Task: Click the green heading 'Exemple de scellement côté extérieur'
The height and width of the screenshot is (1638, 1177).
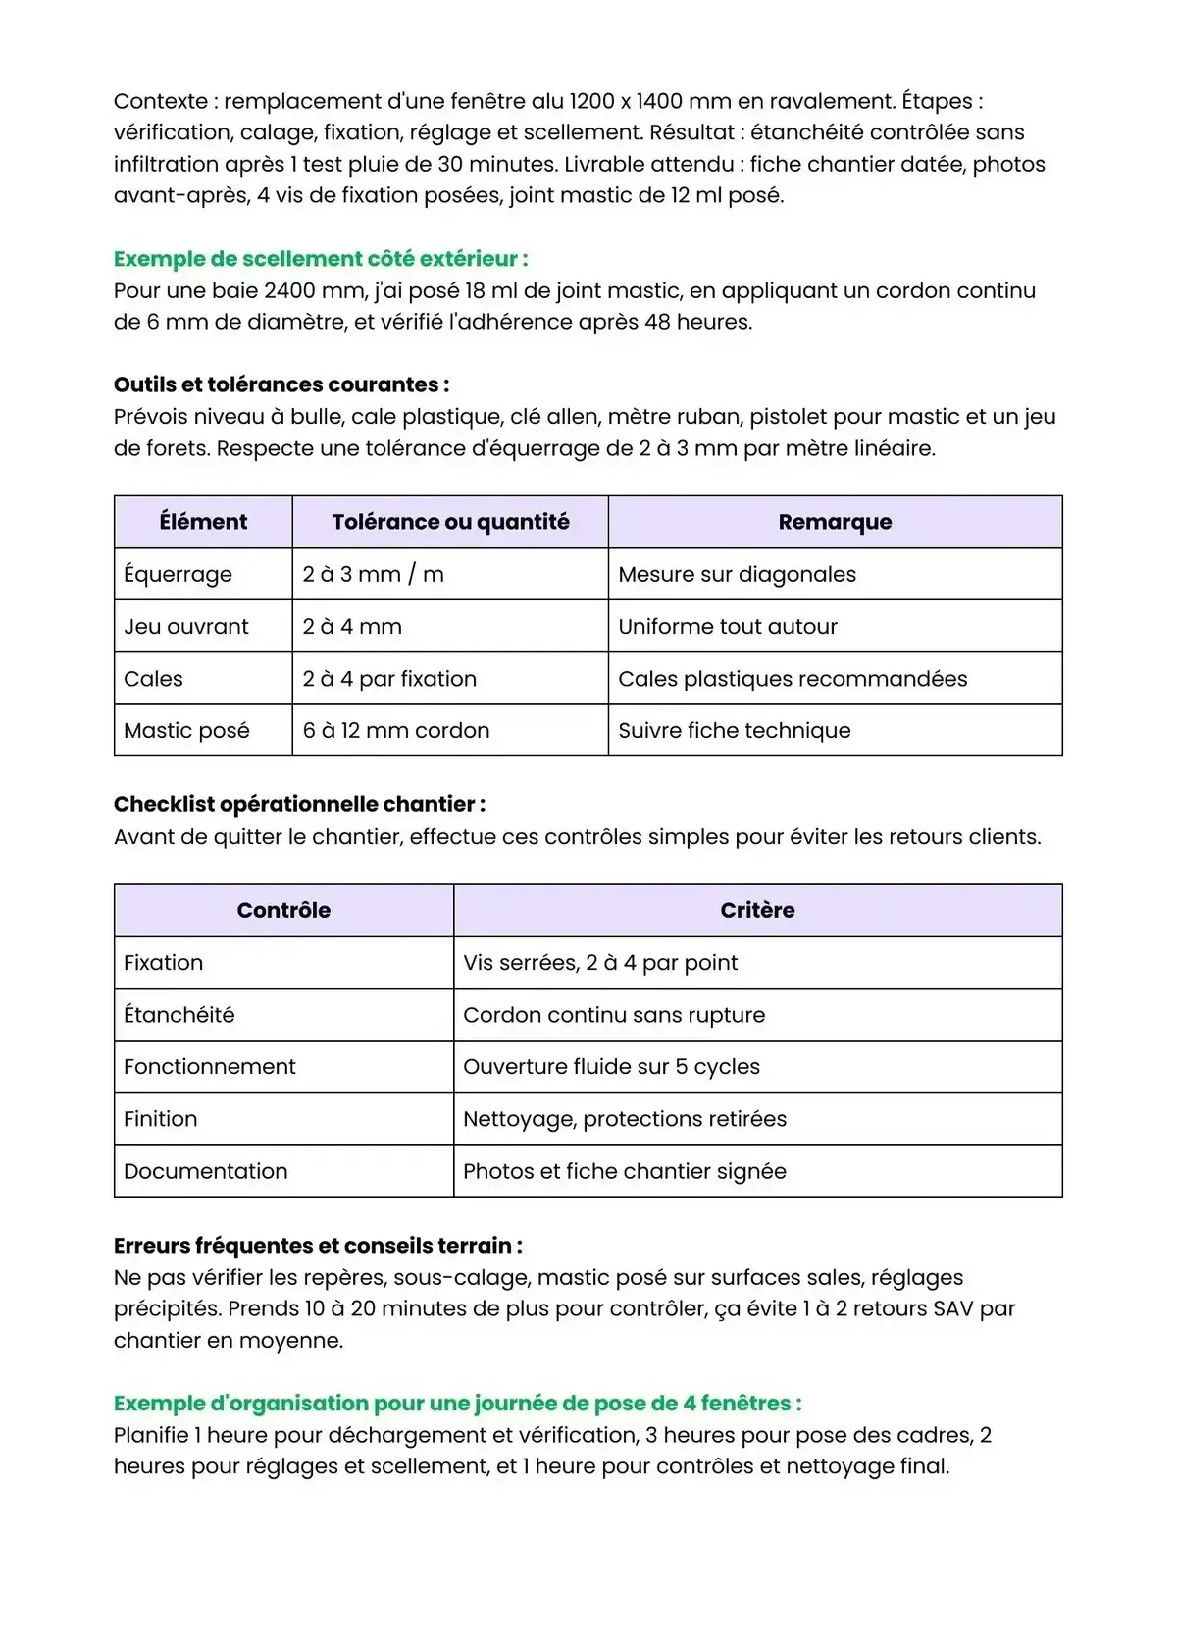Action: tap(321, 259)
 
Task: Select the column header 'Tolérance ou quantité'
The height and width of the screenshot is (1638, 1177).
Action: tap(450, 522)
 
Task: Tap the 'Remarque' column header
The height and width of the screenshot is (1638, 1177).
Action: tap(835, 522)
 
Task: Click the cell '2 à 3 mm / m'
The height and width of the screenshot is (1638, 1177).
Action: tap(373, 575)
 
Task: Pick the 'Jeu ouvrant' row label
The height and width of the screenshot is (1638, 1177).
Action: tap(186, 627)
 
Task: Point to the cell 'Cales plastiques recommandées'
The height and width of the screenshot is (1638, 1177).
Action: tap(793, 679)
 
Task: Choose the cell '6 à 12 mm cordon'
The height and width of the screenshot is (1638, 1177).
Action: tap(395, 731)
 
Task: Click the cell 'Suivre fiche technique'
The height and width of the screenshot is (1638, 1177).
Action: tap(735, 731)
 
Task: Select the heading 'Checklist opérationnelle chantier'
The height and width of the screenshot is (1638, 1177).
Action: tap(299, 805)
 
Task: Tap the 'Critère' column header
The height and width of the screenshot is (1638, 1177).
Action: tap(757, 910)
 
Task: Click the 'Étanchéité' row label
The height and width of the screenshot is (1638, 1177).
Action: tap(179, 1015)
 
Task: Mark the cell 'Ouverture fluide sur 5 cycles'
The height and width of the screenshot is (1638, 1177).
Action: tap(611, 1067)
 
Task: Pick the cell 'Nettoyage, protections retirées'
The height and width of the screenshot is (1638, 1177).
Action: tap(625, 1119)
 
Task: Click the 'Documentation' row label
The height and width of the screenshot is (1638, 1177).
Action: tap(206, 1171)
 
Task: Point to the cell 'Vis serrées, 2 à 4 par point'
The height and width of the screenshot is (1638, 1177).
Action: tap(600, 963)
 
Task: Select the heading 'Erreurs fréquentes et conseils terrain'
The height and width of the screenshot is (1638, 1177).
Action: tap(318, 1246)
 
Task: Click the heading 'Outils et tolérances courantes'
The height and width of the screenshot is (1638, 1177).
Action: tap(281, 384)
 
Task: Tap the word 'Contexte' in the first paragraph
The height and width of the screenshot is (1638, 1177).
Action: tap(160, 101)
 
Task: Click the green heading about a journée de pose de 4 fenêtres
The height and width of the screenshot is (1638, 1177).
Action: tap(457, 1404)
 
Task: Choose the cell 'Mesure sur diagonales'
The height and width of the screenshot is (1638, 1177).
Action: tap(737, 575)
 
